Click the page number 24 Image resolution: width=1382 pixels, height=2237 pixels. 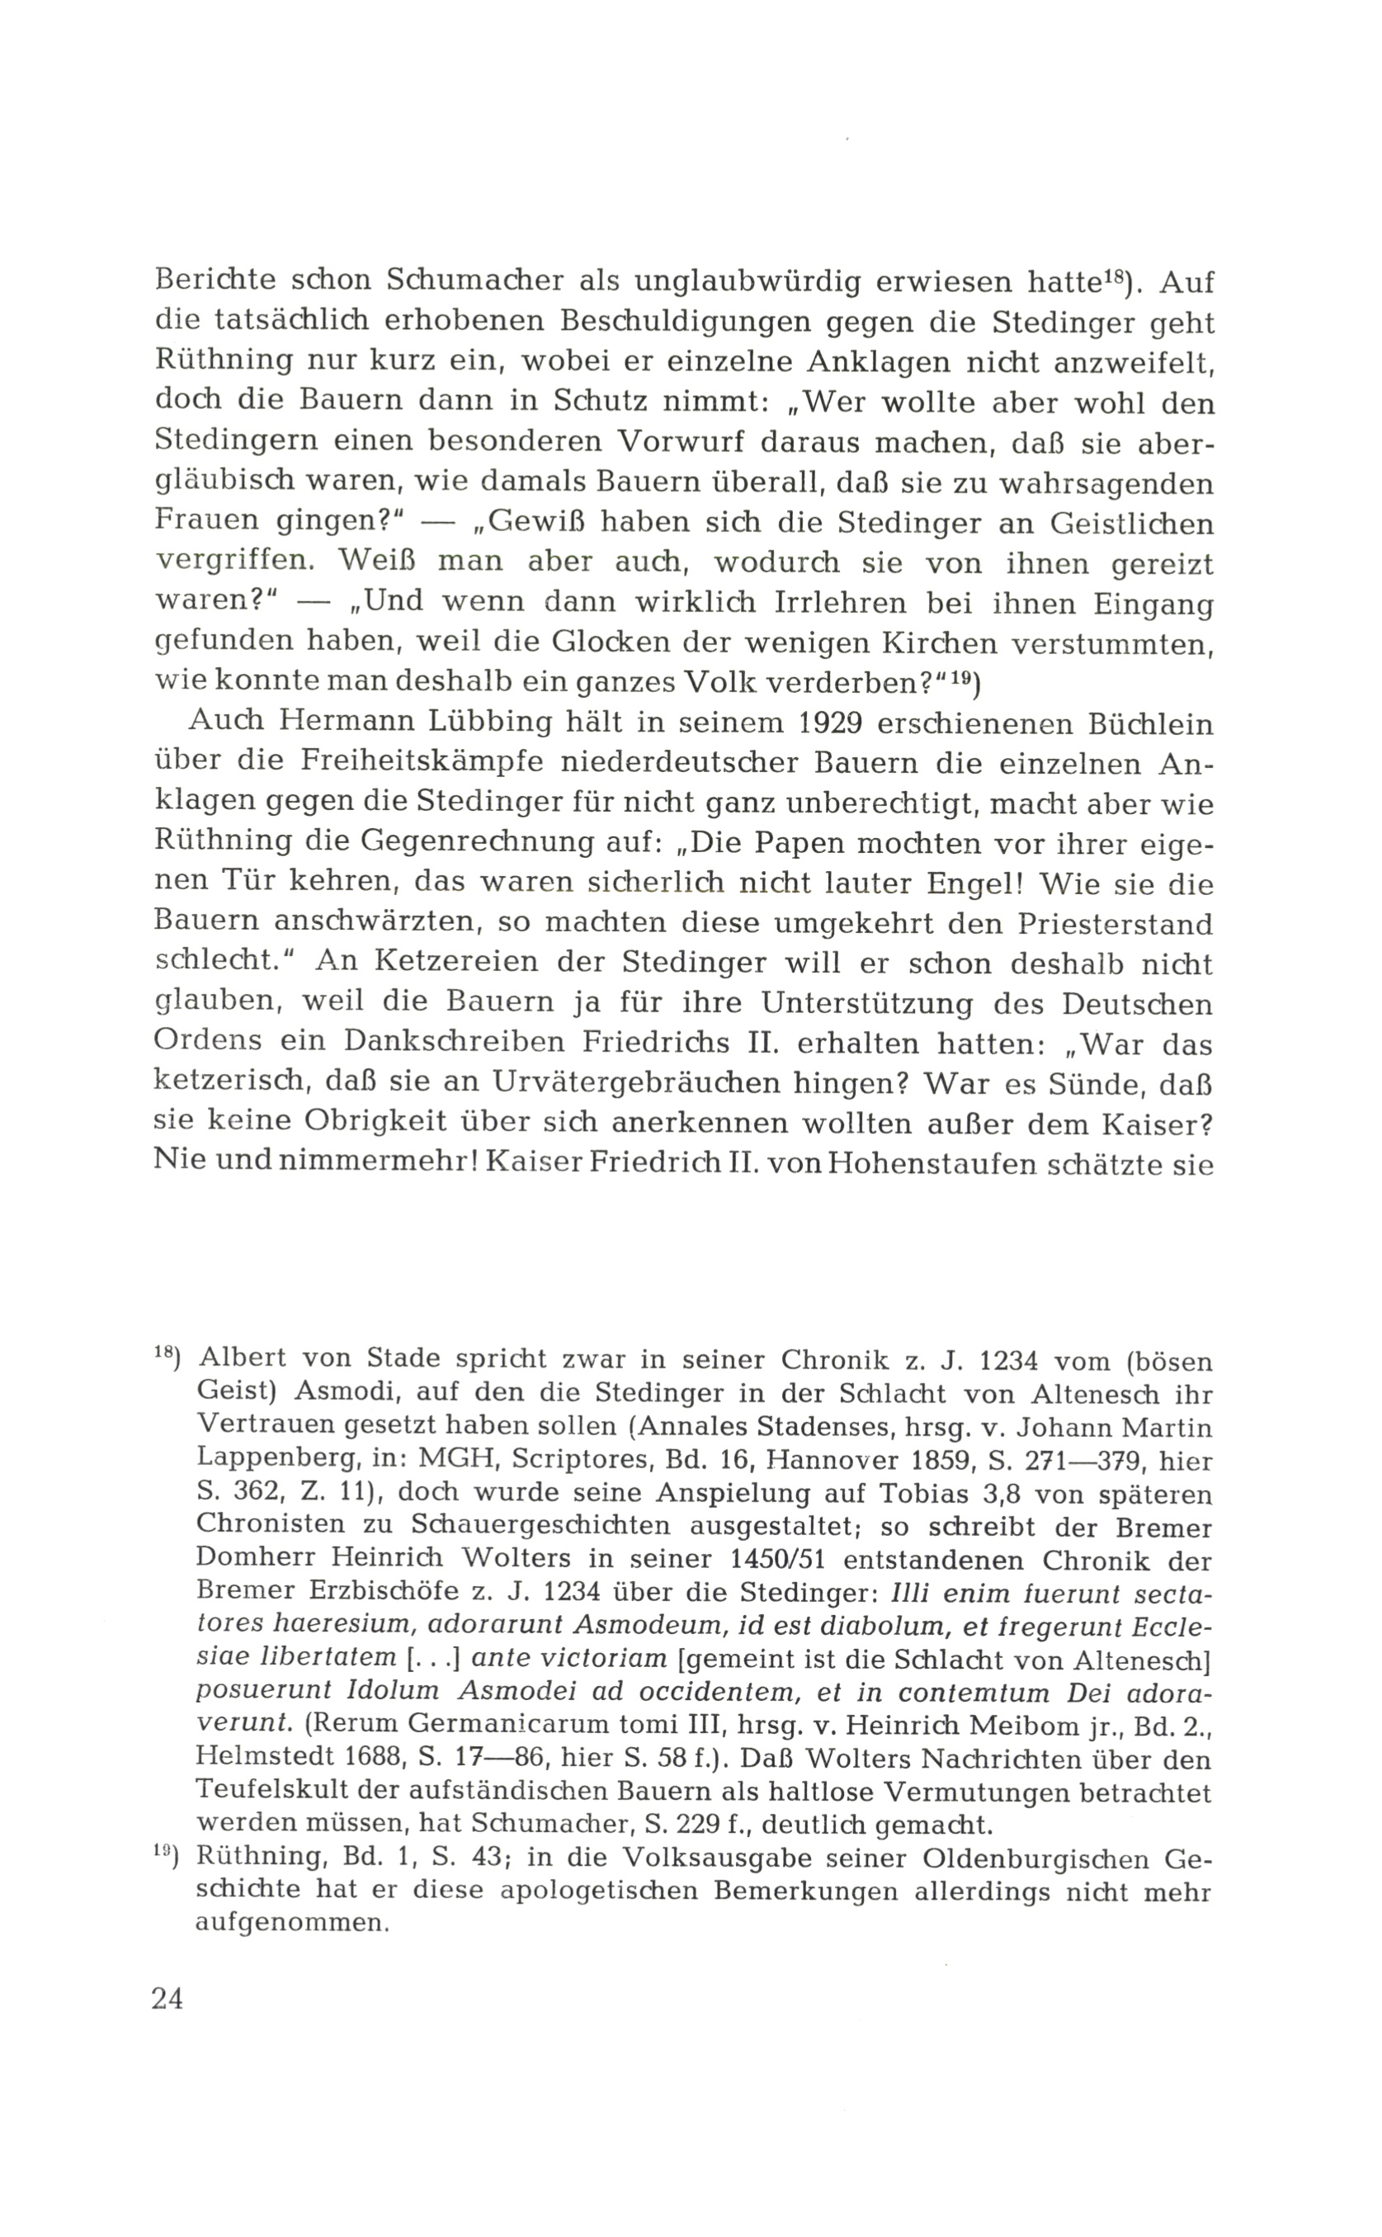(168, 1999)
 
